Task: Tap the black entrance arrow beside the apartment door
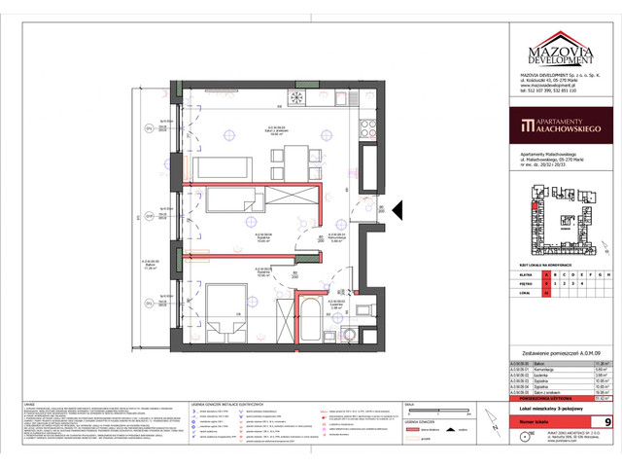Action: [x=381, y=209]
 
